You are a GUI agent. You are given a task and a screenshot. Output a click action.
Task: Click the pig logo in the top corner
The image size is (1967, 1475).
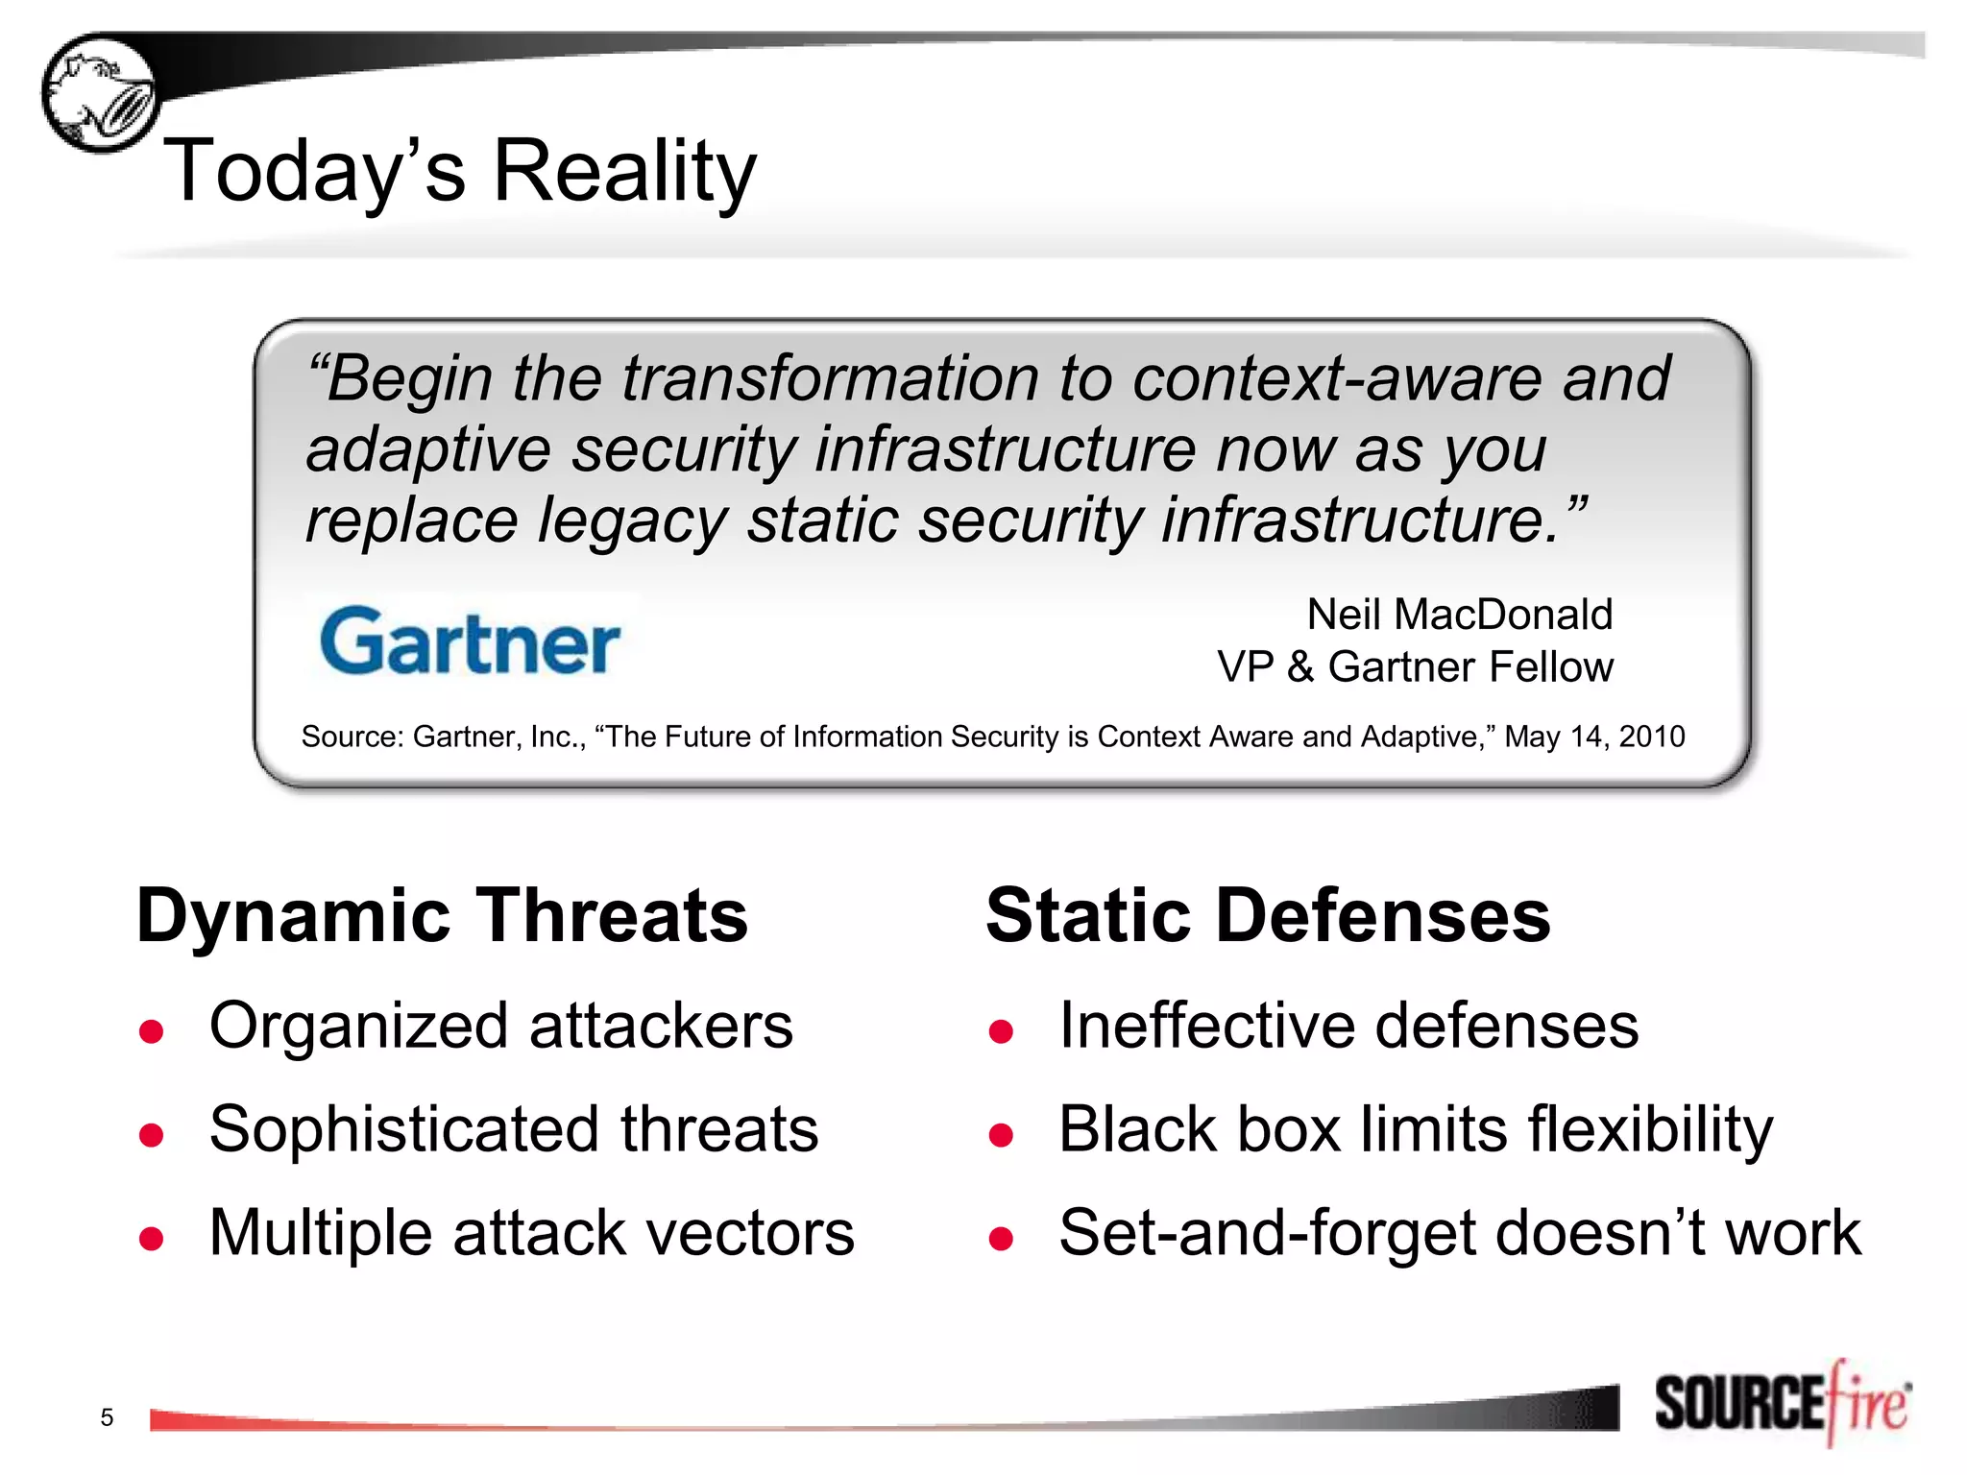point(100,94)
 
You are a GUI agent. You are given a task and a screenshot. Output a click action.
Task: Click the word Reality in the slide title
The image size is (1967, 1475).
point(624,171)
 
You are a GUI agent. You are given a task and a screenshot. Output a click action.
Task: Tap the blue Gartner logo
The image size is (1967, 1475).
point(470,641)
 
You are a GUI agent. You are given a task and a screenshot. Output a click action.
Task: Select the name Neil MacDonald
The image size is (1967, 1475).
point(1459,615)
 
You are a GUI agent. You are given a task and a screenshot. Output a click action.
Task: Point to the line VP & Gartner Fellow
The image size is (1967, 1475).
point(1415,666)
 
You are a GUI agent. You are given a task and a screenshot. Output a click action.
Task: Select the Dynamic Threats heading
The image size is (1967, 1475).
point(442,915)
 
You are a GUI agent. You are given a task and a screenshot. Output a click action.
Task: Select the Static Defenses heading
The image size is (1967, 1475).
point(1268,915)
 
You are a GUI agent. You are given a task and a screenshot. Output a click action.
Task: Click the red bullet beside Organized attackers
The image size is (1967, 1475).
point(151,1031)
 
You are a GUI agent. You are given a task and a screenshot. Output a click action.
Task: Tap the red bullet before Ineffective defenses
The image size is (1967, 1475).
point(1001,1031)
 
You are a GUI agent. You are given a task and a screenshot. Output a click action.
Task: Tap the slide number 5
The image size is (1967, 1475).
point(107,1417)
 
